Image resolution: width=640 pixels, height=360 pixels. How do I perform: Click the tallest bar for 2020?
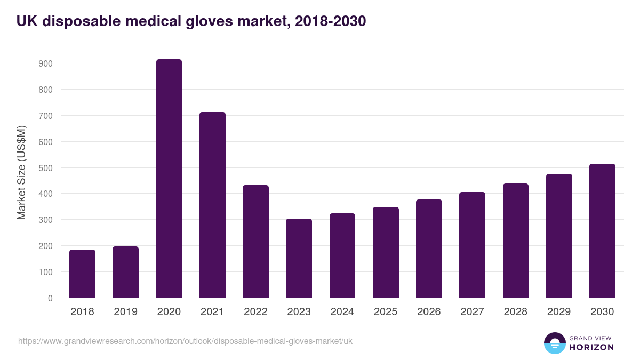point(169,179)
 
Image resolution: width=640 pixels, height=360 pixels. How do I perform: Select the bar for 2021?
point(212,205)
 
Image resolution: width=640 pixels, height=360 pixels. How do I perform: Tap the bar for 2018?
point(82,274)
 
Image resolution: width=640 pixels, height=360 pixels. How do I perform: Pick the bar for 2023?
point(299,258)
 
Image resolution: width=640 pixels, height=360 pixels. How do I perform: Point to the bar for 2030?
point(602,231)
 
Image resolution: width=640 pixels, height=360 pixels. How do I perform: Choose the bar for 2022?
point(255,242)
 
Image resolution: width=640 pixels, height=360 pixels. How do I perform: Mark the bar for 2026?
point(429,249)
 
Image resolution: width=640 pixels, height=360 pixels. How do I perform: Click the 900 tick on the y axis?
point(45,63)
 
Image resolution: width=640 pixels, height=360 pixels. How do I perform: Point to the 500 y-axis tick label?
point(45,168)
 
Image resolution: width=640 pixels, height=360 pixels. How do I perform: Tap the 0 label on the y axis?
point(50,298)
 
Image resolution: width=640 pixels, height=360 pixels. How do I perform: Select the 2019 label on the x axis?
point(125,312)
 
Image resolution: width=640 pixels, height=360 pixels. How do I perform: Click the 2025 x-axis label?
point(385,312)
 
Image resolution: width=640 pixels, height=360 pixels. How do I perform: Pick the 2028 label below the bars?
point(515,312)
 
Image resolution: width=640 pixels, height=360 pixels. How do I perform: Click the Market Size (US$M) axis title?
point(21,172)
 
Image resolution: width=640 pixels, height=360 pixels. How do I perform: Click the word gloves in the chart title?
point(209,21)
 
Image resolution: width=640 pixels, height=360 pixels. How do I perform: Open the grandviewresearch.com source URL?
point(185,341)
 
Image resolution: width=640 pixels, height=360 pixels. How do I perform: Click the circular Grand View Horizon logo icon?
point(554,343)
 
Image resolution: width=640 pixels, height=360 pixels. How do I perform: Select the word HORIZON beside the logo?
point(591,347)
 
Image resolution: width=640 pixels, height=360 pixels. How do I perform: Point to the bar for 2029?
point(559,236)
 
